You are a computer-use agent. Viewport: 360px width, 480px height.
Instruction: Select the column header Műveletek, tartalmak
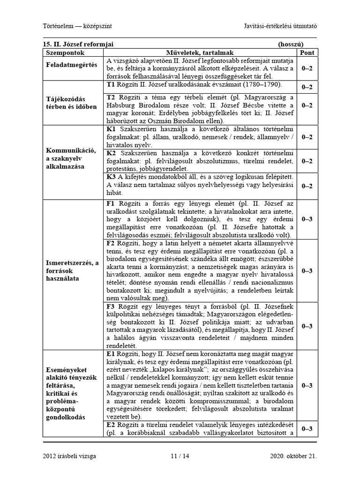point(200,53)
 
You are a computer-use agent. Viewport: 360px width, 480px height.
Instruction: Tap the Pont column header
point(307,53)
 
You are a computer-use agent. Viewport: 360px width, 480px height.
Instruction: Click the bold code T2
point(111,97)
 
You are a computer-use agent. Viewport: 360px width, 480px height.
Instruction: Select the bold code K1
point(111,128)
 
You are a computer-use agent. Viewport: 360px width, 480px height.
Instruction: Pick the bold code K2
point(111,153)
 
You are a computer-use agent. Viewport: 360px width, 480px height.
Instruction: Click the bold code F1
point(111,204)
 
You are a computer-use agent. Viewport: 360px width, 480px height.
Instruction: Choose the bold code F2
point(111,243)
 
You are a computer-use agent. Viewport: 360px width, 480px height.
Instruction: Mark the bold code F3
point(111,307)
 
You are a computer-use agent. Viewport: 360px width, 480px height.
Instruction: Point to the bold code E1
point(111,354)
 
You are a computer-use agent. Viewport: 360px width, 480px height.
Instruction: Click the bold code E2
point(111,425)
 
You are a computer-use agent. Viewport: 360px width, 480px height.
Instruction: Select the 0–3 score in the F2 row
point(307,270)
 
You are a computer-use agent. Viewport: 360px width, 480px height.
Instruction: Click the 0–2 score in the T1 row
point(307,87)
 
